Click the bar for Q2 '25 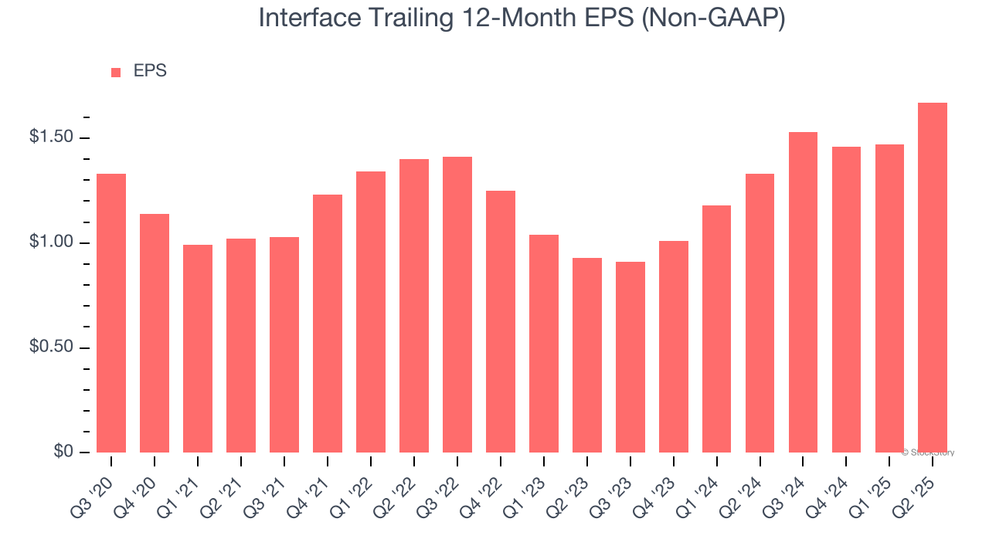[x=933, y=277]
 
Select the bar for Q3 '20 [x=111, y=313]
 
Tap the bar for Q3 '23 [x=630, y=357]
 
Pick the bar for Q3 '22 [x=457, y=304]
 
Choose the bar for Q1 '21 [x=198, y=348]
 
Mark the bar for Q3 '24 [x=803, y=292]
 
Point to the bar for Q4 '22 [x=501, y=321]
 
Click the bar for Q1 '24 [x=716, y=328]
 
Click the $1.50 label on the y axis [x=51, y=137]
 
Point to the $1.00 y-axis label [x=51, y=242]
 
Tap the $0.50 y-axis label [x=51, y=347]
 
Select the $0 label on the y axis [x=63, y=452]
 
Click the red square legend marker [x=116, y=72]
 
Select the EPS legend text [x=150, y=71]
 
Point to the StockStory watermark [x=930, y=453]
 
